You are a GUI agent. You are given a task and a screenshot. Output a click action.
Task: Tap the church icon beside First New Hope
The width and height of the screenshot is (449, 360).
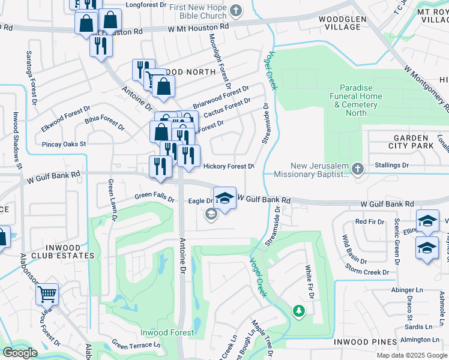tap(237, 10)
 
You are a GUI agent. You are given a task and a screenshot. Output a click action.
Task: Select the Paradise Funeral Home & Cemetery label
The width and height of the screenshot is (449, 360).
tap(357, 100)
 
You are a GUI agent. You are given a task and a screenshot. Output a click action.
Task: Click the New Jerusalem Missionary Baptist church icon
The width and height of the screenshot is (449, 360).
tap(358, 170)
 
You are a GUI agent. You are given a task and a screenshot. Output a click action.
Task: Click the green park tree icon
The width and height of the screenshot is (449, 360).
tap(298, 311)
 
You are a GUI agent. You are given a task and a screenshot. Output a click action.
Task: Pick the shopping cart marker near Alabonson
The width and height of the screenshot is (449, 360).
tap(47, 294)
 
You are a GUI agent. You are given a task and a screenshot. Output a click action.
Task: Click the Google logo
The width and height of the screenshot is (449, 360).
tap(20, 353)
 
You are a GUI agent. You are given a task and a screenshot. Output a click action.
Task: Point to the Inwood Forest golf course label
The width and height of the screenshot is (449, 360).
tap(167, 332)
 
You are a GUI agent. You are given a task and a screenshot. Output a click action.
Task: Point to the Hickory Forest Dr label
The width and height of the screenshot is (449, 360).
tap(229, 166)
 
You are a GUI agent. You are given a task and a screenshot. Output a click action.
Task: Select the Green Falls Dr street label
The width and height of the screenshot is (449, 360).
tap(154, 196)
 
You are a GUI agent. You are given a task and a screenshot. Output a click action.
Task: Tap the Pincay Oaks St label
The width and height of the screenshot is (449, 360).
tap(64, 144)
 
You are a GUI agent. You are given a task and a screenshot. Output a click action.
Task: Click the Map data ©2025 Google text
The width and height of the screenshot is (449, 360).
tap(412, 355)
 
